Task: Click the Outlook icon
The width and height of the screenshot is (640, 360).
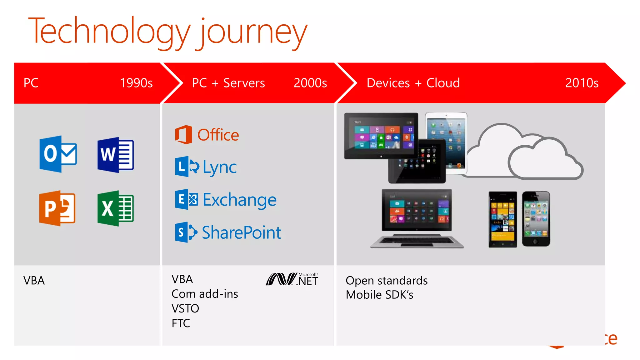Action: click(x=58, y=154)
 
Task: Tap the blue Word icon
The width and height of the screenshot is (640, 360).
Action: click(x=116, y=155)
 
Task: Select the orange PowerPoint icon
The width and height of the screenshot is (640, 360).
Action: click(x=57, y=208)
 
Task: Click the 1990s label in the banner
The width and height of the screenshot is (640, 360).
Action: click(x=136, y=83)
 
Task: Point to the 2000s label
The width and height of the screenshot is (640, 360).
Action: click(x=310, y=83)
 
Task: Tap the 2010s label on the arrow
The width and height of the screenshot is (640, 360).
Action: click(x=582, y=83)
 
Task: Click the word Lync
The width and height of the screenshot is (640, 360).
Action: click(x=220, y=167)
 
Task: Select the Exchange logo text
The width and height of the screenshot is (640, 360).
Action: click(x=240, y=200)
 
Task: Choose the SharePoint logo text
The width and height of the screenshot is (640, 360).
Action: click(x=242, y=232)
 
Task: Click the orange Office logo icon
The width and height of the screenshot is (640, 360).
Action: click(x=183, y=135)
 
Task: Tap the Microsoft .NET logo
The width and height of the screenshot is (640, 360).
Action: click(x=292, y=279)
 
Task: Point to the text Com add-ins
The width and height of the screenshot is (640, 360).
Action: click(x=205, y=294)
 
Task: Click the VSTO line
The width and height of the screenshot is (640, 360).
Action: click(x=185, y=309)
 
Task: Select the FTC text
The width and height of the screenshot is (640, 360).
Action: click(x=181, y=323)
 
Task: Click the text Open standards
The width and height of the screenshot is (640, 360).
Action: click(x=387, y=281)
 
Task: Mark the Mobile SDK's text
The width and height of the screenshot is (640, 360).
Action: click(x=379, y=295)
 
